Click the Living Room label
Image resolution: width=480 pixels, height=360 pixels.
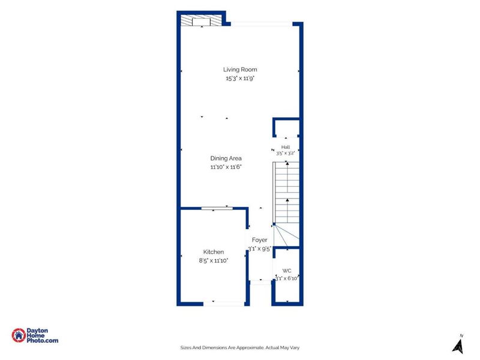240,70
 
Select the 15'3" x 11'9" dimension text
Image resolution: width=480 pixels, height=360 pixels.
240,79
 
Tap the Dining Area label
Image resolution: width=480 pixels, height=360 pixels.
226,158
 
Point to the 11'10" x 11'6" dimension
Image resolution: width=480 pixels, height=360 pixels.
226,167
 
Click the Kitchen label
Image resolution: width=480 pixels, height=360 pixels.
214,252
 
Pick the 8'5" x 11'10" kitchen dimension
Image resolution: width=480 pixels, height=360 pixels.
214,261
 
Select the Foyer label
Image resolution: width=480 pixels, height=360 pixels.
260,240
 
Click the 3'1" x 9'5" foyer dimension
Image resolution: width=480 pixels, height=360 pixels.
260,249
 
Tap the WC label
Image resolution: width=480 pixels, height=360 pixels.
287,271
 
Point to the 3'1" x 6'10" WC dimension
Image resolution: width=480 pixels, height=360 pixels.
287,278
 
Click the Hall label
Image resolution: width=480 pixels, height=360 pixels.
286,147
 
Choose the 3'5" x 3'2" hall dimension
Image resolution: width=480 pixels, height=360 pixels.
286,154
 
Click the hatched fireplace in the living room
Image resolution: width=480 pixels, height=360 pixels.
201,20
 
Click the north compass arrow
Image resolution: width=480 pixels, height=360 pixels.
458,346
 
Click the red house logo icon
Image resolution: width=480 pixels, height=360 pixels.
19,335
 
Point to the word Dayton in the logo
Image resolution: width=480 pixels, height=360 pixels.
37,331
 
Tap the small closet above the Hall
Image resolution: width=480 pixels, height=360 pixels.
286,128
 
